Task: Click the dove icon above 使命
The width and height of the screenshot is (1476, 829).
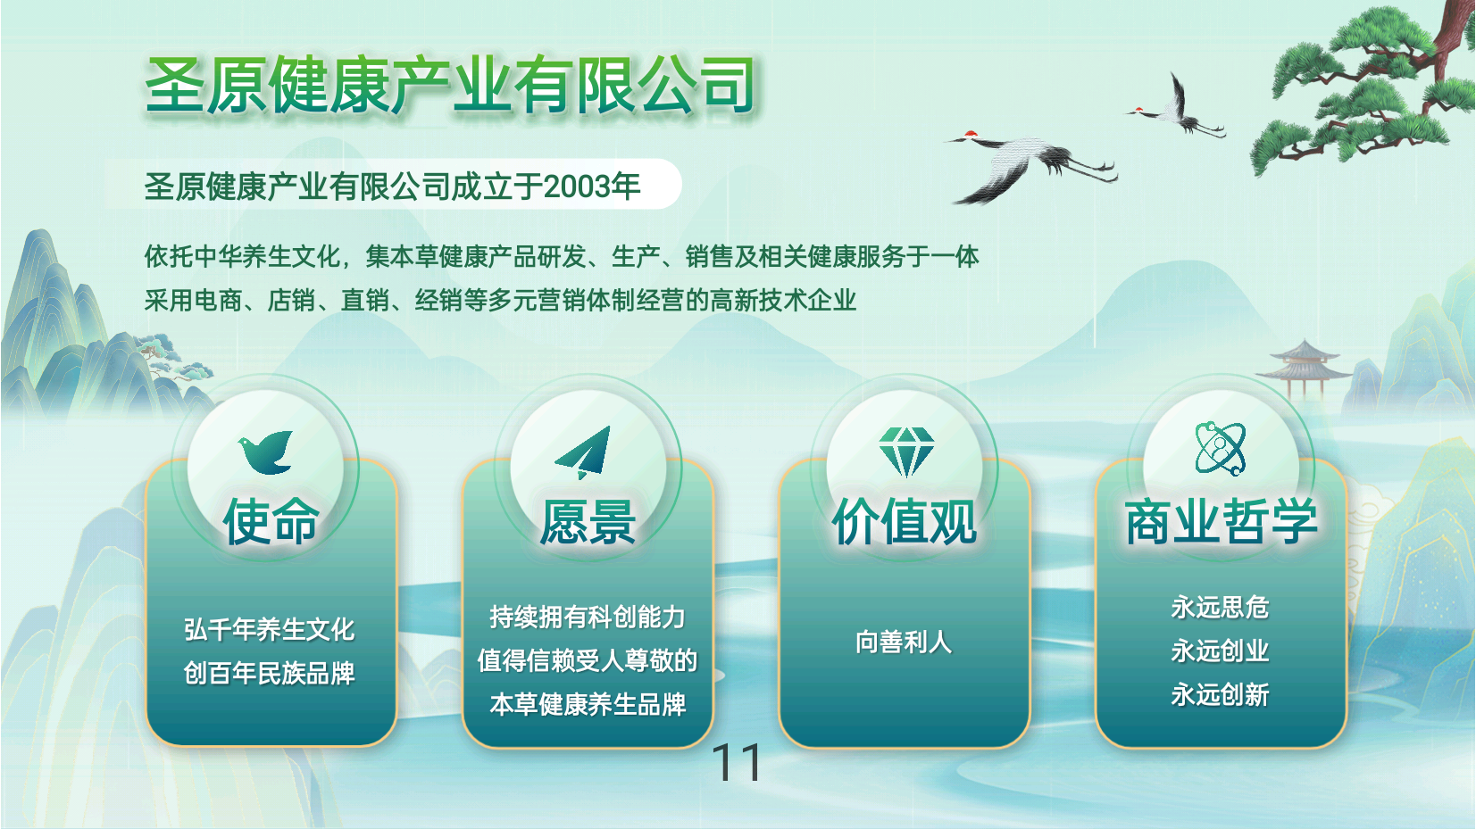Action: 265,452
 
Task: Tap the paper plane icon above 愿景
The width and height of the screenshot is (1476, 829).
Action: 584,452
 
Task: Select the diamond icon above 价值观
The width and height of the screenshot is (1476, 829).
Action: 906,452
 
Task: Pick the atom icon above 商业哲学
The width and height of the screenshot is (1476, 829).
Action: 1221,449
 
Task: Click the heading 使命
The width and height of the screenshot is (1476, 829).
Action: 271,521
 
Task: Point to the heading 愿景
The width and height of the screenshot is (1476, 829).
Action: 588,521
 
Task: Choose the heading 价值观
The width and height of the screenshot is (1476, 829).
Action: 904,521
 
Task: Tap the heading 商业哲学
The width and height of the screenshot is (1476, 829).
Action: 1221,521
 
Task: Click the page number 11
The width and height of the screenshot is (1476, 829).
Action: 736,763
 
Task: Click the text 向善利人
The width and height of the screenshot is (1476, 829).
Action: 904,642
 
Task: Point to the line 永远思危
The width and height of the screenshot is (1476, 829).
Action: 1221,607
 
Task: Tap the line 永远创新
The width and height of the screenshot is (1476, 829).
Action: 1221,694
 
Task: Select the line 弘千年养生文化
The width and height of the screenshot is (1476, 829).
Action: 270,629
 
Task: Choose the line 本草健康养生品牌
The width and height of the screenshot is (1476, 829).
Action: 588,705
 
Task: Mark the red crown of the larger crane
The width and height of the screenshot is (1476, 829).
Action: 970,135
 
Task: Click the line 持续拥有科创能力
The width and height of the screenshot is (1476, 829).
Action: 588,617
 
